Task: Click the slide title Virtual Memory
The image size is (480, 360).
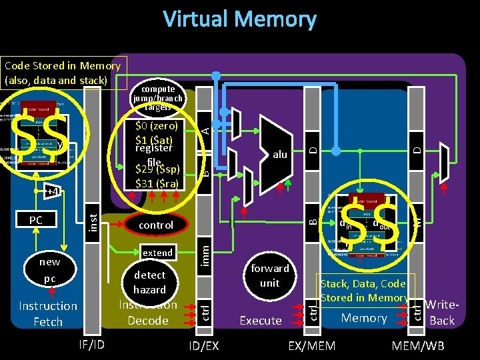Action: tap(240, 19)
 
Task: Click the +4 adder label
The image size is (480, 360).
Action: tap(52, 191)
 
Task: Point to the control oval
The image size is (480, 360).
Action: tap(156, 225)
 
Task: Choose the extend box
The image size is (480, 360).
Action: tap(158, 253)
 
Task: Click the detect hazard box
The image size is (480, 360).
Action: tap(149, 282)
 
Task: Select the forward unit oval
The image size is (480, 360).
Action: tap(270, 275)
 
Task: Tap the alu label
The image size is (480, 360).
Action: tap(280, 154)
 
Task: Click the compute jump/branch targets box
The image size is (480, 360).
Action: tap(159, 97)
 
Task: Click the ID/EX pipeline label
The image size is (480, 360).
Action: tap(203, 345)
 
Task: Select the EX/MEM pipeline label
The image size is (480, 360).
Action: tap(311, 345)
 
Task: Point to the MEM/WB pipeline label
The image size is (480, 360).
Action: tap(418, 345)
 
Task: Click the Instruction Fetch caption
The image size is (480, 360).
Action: tap(48, 313)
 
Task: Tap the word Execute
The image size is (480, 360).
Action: tap(261, 321)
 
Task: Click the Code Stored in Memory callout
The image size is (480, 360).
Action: tap(63, 73)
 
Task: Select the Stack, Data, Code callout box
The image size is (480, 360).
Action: tap(364, 291)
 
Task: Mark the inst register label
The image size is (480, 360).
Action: tap(93, 217)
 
